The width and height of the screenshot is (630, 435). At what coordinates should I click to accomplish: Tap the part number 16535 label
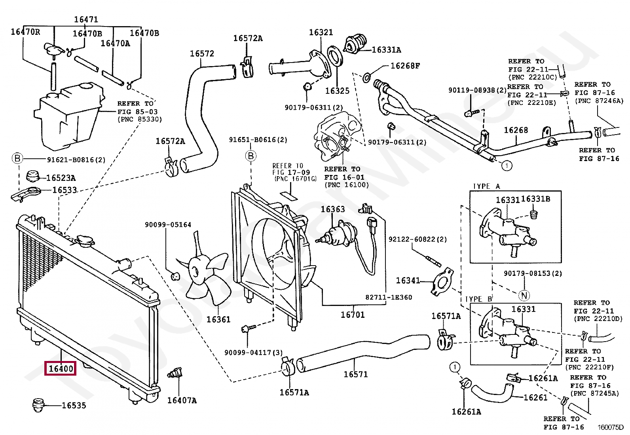(74, 405)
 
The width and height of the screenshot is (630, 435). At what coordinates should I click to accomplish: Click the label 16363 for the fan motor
(332, 209)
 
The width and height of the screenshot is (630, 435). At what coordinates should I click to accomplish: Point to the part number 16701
(352, 315)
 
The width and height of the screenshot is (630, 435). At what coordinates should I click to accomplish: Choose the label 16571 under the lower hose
(355, 374)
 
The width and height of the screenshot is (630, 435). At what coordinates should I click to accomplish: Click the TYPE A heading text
(486, 186)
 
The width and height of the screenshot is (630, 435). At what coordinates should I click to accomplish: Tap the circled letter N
(524, 295)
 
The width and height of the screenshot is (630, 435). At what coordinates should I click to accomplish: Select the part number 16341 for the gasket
(408, 280)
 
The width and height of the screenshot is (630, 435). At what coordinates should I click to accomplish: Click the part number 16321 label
(321, 32)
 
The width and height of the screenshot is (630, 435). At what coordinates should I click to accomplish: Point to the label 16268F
(405, 66)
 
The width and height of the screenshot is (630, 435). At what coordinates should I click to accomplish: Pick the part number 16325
(337, 91)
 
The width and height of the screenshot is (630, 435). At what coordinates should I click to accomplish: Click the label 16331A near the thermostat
(386, 50)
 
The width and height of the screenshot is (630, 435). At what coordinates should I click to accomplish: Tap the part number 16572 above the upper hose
(202, 53)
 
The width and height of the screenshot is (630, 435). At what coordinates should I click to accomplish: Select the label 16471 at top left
(86, 19)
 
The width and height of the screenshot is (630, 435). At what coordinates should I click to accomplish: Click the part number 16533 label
(65, 190)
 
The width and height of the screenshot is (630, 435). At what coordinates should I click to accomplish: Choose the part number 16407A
(182, 400)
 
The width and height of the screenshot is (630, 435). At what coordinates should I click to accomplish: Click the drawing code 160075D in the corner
(610, 427)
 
